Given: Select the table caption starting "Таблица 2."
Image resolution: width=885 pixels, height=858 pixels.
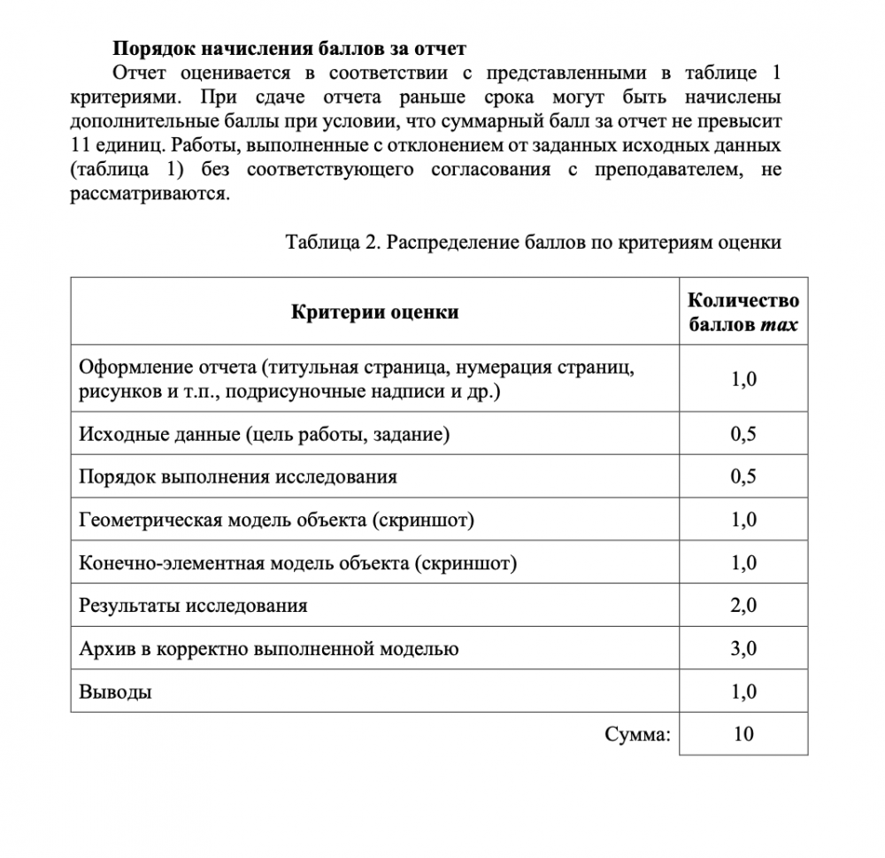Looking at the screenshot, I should [533, 243].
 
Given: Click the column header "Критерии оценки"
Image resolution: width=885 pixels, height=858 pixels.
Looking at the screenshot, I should [374, 312].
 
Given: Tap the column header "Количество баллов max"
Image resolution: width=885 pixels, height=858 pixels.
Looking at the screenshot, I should [743, 312].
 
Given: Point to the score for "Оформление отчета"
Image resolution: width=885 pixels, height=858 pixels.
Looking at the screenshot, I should [743, 380].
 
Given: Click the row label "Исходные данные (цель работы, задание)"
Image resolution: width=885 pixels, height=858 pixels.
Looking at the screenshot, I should [264, 434].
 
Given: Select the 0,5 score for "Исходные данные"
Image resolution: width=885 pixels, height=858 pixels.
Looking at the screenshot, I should [743, 434].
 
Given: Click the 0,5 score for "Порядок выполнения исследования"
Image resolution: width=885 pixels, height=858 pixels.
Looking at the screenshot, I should [743, 476].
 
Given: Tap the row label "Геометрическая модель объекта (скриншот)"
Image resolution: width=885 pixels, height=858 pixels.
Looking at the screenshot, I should [276, 520].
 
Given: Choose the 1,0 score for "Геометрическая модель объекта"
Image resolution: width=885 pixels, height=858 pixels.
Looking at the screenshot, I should [743, 520].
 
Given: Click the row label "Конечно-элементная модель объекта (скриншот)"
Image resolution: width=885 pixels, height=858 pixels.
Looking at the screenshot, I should [297, 563].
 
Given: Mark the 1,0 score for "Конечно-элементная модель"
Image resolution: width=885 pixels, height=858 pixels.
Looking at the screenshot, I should [743, 563].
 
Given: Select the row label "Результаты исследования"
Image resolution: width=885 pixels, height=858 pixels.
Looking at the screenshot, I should [193, 606].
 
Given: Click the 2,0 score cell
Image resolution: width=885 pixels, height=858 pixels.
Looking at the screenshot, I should [743, 606].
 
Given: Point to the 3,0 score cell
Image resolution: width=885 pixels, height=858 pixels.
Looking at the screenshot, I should [743, 649].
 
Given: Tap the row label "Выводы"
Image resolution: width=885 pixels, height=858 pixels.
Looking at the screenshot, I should [115, 692].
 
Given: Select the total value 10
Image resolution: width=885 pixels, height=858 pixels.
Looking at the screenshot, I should [743, 734].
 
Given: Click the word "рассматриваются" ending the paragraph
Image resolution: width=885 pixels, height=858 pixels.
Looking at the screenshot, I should [149, 194].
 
